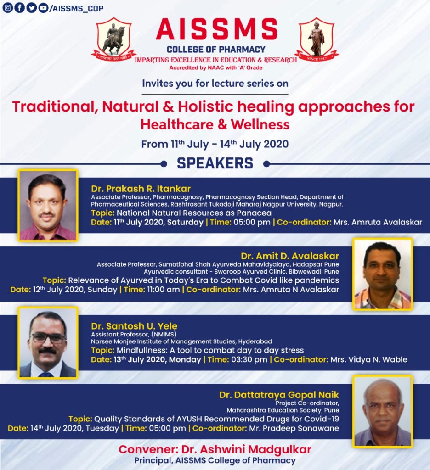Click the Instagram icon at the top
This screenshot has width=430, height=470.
[x=7, y=8]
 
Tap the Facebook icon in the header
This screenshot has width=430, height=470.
[x=19, y=8]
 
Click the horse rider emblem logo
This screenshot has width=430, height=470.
[x=113, y=39]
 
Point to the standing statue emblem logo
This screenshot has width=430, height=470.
[x=316, y=39]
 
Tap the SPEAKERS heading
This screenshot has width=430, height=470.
[x=215, y=163]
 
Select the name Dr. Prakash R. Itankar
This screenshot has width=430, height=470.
[x=141, y=189]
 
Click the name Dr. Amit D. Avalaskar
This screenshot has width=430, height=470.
[x=289, y=256]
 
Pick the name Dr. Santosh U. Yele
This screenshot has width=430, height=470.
[x=134, y=326]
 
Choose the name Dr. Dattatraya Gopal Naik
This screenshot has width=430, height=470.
[x=279, y=395]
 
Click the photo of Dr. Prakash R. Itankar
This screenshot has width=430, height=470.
[x=48, y=205]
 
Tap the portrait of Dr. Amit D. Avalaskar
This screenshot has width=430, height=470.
[x=382, y=274]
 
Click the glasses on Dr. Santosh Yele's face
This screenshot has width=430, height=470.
[x=48, y=337]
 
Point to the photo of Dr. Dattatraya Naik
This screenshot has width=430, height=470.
[x=382, y=411]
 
